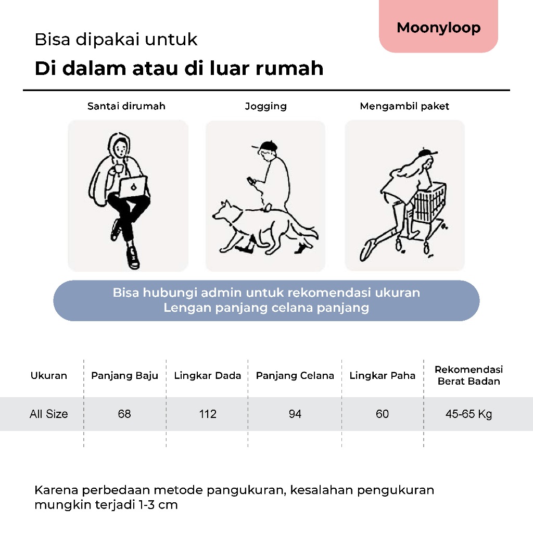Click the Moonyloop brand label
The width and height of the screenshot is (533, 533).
[x=438, y=28]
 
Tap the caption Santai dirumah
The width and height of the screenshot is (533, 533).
[x=126, y=106]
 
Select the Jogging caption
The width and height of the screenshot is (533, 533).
[x=265, y=106]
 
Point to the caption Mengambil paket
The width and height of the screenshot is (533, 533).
[x=404, y=106]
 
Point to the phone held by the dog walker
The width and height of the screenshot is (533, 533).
[x=250, y=180]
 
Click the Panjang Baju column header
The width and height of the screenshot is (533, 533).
[x=124, y=376]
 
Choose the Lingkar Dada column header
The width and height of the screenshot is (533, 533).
[x=208, y=376]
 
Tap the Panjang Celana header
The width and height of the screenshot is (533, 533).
[x=295, y=376]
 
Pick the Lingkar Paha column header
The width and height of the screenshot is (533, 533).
[x=383, y=376]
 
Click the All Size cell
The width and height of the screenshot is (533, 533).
[x=49, y=414]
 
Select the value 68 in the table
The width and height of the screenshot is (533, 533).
[x=124, y=414]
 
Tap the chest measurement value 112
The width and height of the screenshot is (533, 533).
[x=208, y=414]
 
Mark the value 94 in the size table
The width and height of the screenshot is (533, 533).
[x=295, y=414]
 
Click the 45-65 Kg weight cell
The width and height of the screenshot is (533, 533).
[x=469, y=414]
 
